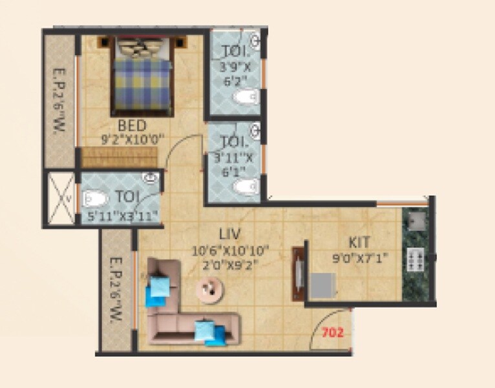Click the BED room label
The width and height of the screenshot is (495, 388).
[x=132, y=125]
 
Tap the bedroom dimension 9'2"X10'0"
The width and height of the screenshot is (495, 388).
[x=133, y=138]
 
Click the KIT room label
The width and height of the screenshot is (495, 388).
[x=359, y=242]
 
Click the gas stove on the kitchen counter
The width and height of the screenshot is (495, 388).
[x=414, y=260]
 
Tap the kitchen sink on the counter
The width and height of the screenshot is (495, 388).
[x=414, y=222]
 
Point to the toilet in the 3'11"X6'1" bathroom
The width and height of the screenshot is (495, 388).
[x=244, y=188]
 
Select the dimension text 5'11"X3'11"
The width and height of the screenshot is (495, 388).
[x=122, y=217]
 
